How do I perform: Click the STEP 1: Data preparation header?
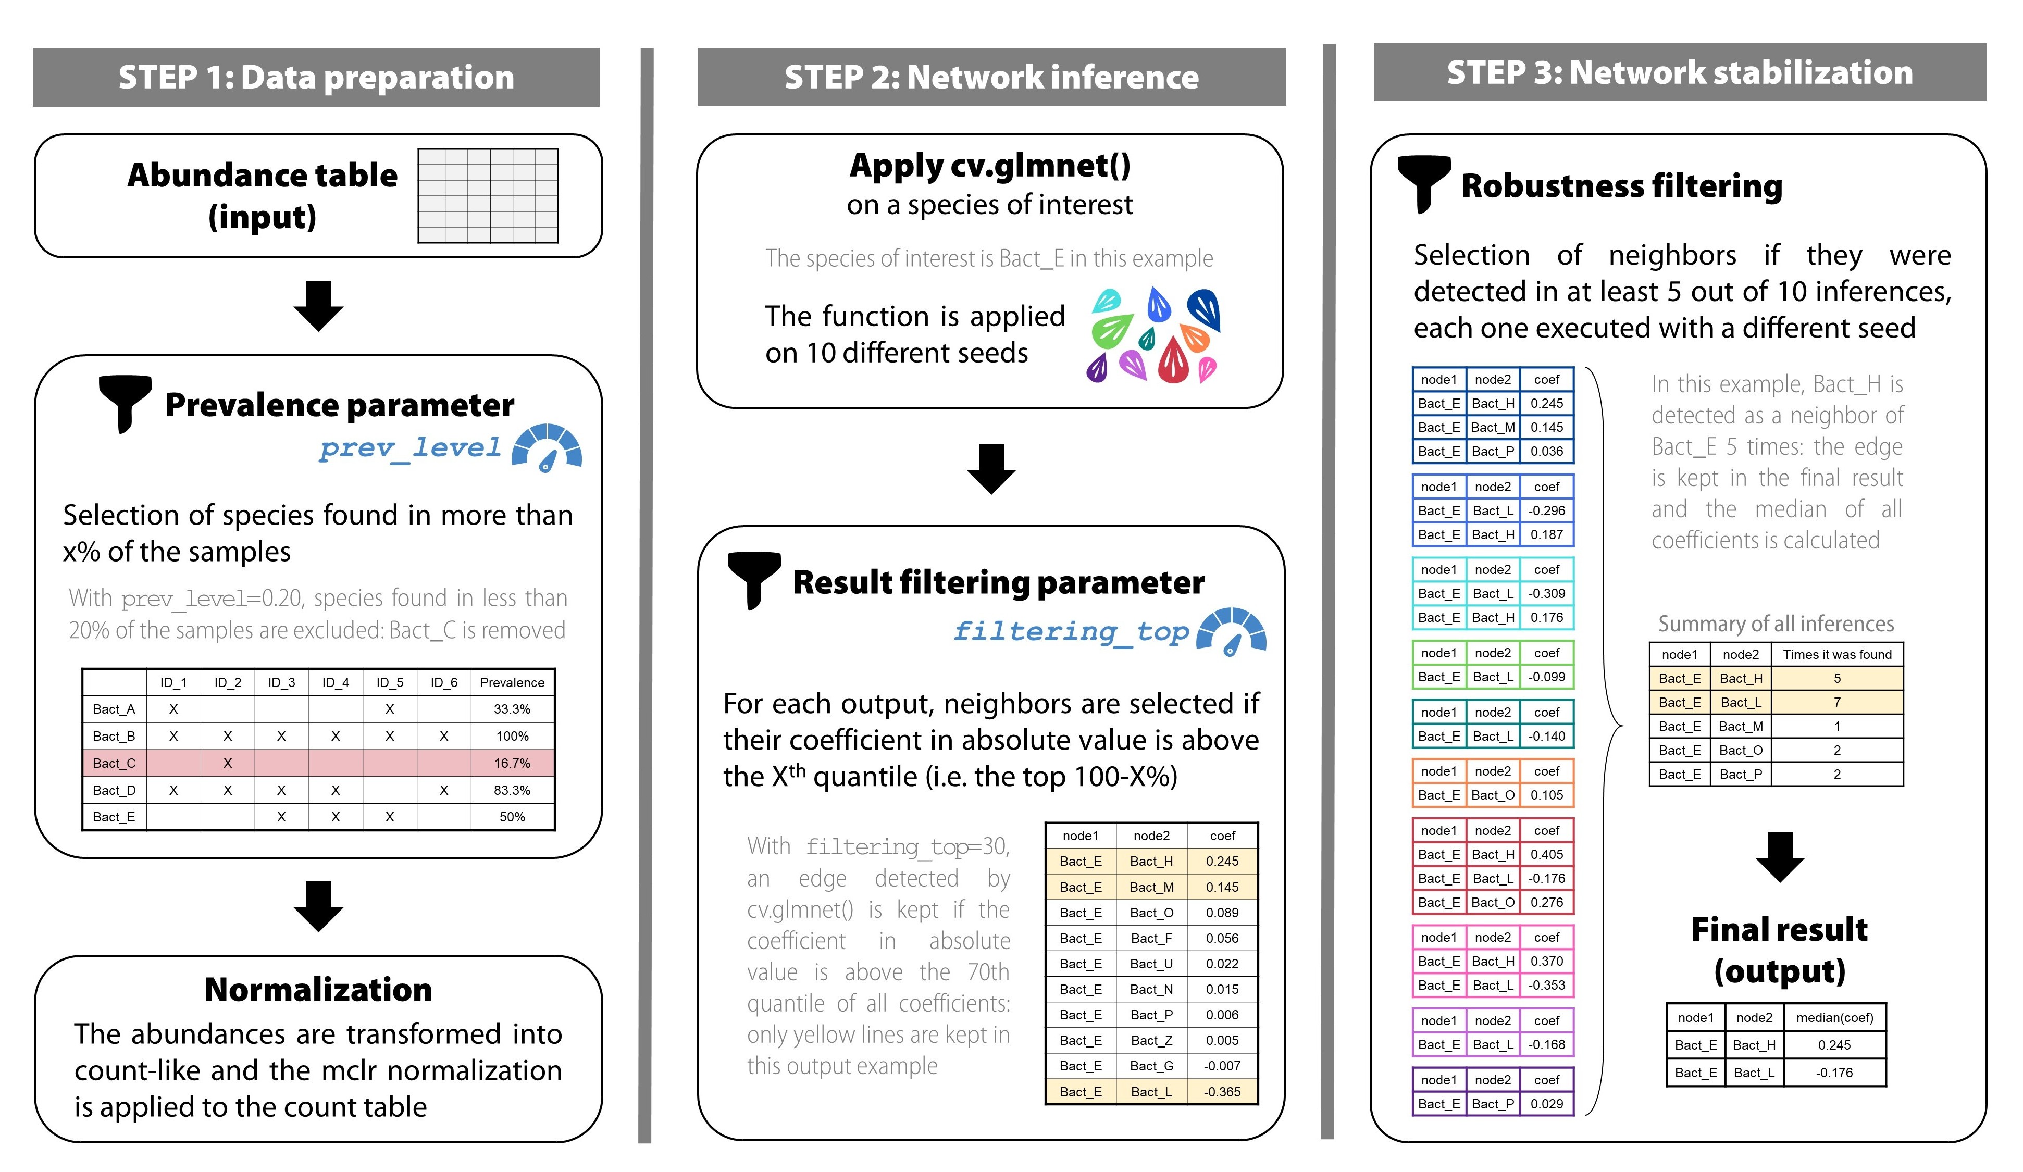[316, 77]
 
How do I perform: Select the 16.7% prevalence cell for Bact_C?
[512, 763]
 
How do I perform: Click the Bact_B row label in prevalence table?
[114, 736]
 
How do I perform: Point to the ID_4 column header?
[335, 682]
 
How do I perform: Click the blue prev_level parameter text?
[409, 448]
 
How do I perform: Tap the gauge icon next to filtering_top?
[1230, 632]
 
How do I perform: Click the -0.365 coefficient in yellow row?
[1221, 1092]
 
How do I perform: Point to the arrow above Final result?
[1779, 856]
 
